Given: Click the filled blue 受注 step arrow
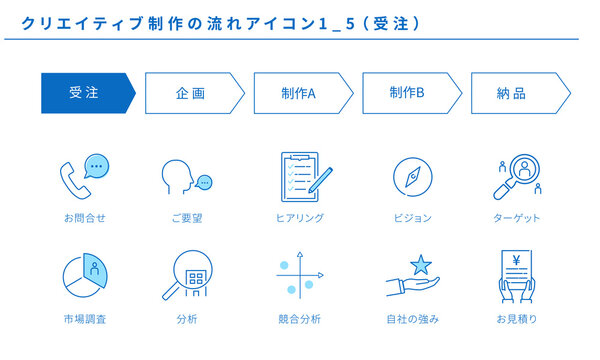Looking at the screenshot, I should click(x=86, y=93).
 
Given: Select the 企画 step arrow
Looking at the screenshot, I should click(x=193, y=93).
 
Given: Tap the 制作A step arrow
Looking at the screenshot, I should click(x=301, y=93).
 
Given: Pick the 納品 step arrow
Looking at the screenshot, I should click(x=518, y=93).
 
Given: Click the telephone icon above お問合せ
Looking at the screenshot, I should click(x=83, y=174).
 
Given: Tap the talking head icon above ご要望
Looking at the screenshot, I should click(x=186, y=177).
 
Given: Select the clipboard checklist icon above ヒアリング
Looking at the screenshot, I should click(x=303, y=175).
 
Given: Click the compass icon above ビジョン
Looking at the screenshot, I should click(x=412, y=176).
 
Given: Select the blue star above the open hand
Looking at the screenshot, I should click(x=420, y=265).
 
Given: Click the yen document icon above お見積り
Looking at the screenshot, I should click(x=518, y=274).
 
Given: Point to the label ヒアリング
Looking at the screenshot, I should click(x=300, y=217).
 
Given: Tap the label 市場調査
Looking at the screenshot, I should click(x=84, y=319).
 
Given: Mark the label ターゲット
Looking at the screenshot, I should click(x=517, y=217).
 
